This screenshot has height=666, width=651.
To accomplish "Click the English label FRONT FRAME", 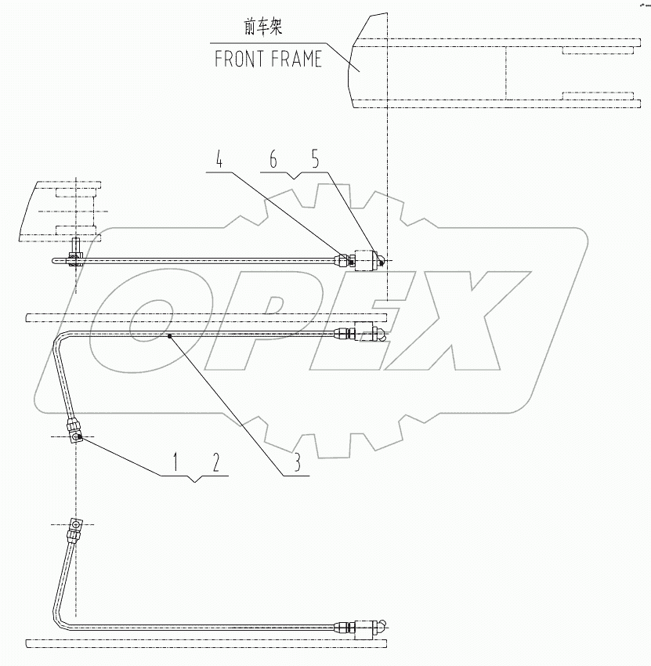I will pos(269,60).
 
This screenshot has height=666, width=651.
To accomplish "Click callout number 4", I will pos(219,161).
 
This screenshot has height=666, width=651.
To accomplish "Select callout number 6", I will pos(273,161).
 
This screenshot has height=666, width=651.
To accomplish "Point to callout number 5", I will pos(314,161).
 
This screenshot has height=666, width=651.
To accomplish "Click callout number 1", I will pos(176,463).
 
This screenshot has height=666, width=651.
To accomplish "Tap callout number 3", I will pos(298,463).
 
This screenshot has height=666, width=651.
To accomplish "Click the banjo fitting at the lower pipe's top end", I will pos(76,526).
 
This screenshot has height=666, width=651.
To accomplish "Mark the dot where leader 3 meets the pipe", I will pos(169,335).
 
